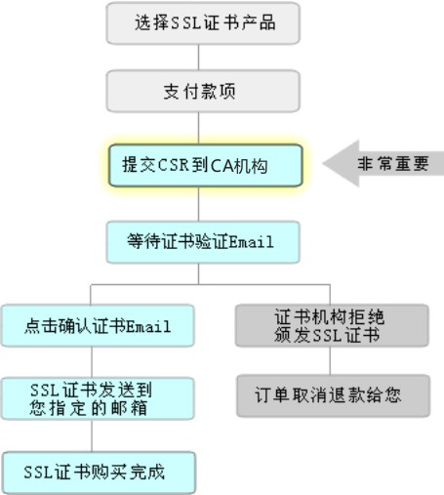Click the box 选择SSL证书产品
click(203, 23)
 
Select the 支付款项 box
click(203, 91)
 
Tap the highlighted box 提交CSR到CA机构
click(206, 165)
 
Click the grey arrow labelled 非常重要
click(383, 163)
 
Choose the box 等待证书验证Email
click(203, 242)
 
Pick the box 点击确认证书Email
click(98, 325)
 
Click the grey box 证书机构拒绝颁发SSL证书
click(332, 325)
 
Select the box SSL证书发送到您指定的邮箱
click(98, 398)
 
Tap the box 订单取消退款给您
click(333, 395)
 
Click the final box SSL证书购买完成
click(99, 473)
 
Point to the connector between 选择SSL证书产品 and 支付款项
click(198, 58)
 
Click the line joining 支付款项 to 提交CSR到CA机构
click(198, 128)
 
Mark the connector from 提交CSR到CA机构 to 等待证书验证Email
click(198, 204)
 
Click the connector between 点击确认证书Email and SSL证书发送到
click(92, 362)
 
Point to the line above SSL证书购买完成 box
click(92, 435)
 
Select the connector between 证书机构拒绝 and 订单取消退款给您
click(330, 360)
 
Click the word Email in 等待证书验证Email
click(251, 242)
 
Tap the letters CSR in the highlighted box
click(174, 165)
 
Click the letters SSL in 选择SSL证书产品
click(184, 23)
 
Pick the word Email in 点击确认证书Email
click(148, 326)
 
